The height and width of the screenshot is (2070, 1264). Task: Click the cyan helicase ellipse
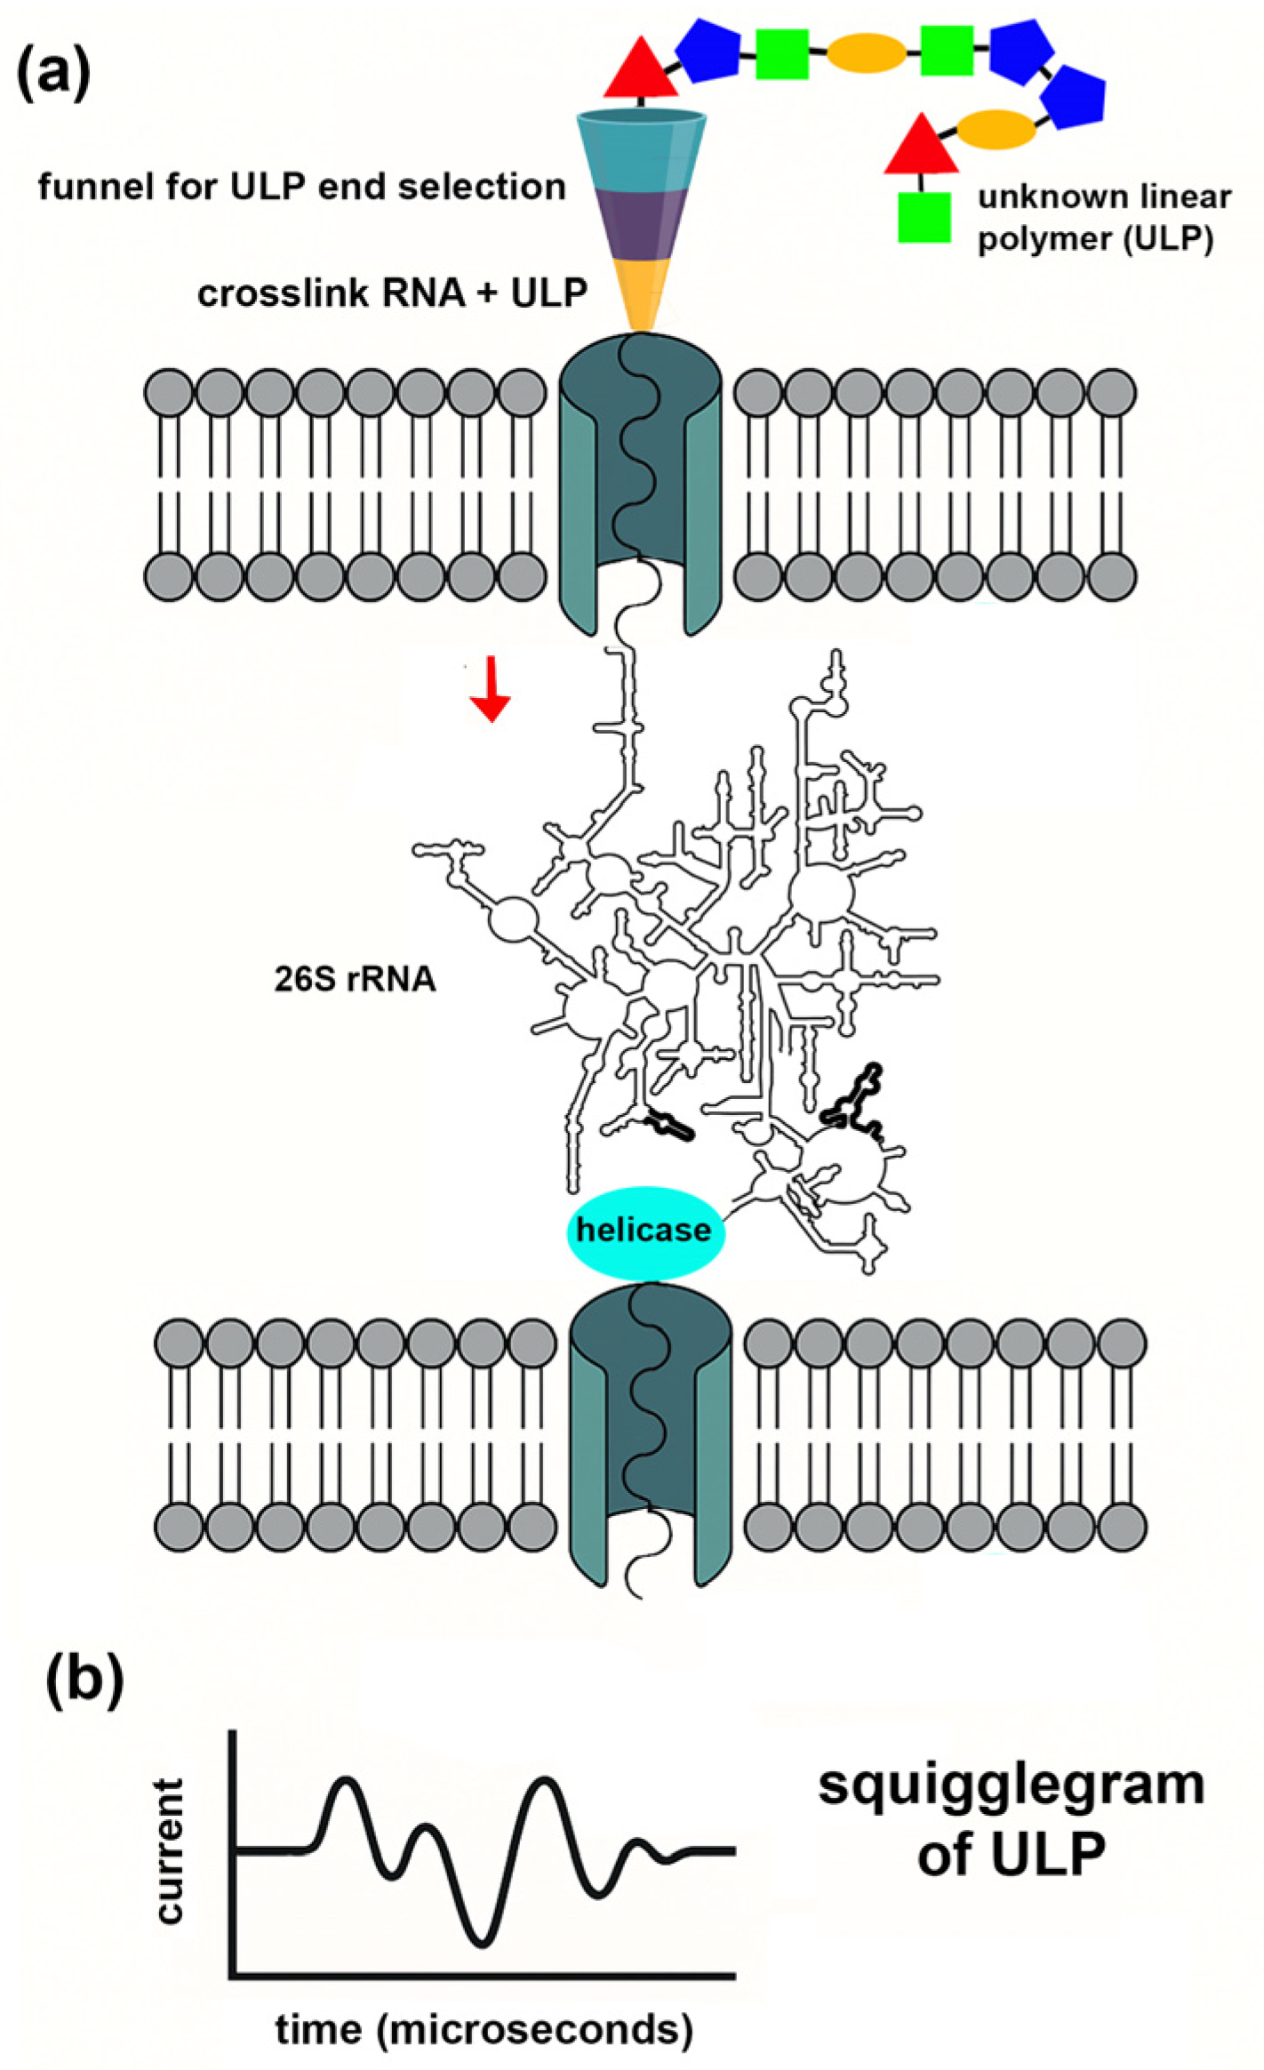645,1232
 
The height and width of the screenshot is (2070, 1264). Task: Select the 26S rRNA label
355,979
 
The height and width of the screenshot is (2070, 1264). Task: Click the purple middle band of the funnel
641,224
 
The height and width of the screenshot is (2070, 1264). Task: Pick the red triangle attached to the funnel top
641,70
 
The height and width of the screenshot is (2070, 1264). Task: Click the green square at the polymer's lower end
924,216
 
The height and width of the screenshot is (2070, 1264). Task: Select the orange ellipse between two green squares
867,53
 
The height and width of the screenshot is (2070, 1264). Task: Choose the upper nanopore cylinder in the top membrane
640,480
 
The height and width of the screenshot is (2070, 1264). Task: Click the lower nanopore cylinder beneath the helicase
650,1432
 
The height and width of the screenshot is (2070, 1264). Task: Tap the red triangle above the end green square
921,146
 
